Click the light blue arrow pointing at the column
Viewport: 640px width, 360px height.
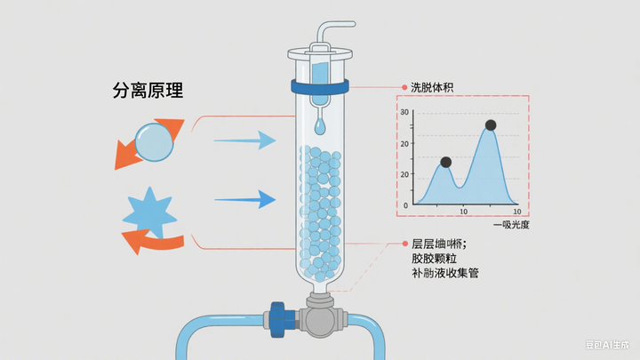(x=244, y=140)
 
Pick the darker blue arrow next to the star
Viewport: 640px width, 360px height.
(x=244, y=200)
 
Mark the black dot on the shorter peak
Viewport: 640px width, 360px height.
(x=445, y=163)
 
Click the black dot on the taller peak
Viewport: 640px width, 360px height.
(x=490, y=125)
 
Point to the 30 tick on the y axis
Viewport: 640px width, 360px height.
(x=404, y=112)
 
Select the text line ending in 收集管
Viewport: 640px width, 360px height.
(x=444, y=273)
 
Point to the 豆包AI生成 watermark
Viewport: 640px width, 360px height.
(x=607, y=346)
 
